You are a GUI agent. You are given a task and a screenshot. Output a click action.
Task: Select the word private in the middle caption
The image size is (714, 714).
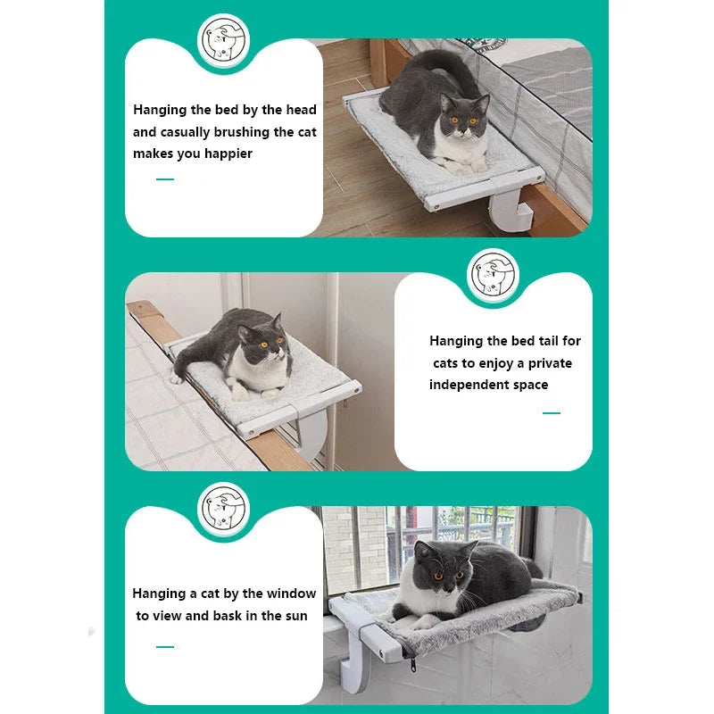coord(550,363)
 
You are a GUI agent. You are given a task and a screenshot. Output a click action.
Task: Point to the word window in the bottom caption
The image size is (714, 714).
coord(291,594)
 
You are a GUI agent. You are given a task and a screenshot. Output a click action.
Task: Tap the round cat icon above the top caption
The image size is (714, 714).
coord(224,40)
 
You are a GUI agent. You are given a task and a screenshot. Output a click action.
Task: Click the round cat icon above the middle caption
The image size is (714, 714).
coord(493,274)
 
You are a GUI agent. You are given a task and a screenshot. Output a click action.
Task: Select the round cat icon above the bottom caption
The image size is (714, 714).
coord(224,508)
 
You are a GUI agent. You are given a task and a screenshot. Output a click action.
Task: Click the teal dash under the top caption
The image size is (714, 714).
coord(165,179)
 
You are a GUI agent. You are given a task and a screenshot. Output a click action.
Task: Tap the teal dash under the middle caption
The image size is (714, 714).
coord(551,413)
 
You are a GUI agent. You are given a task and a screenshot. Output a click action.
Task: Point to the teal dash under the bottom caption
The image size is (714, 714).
coord(165,646)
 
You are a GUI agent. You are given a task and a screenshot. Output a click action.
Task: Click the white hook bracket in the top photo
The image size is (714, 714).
coord(509,211)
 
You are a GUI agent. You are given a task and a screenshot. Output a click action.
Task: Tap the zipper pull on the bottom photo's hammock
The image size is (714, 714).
coord(413,664)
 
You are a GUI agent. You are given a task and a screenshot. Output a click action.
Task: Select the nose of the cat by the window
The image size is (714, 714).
coord(448,586)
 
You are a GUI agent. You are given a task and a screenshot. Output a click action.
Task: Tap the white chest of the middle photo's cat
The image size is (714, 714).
coord(260,369)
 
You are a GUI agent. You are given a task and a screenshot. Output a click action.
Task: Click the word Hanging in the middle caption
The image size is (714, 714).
coord(456,341)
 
